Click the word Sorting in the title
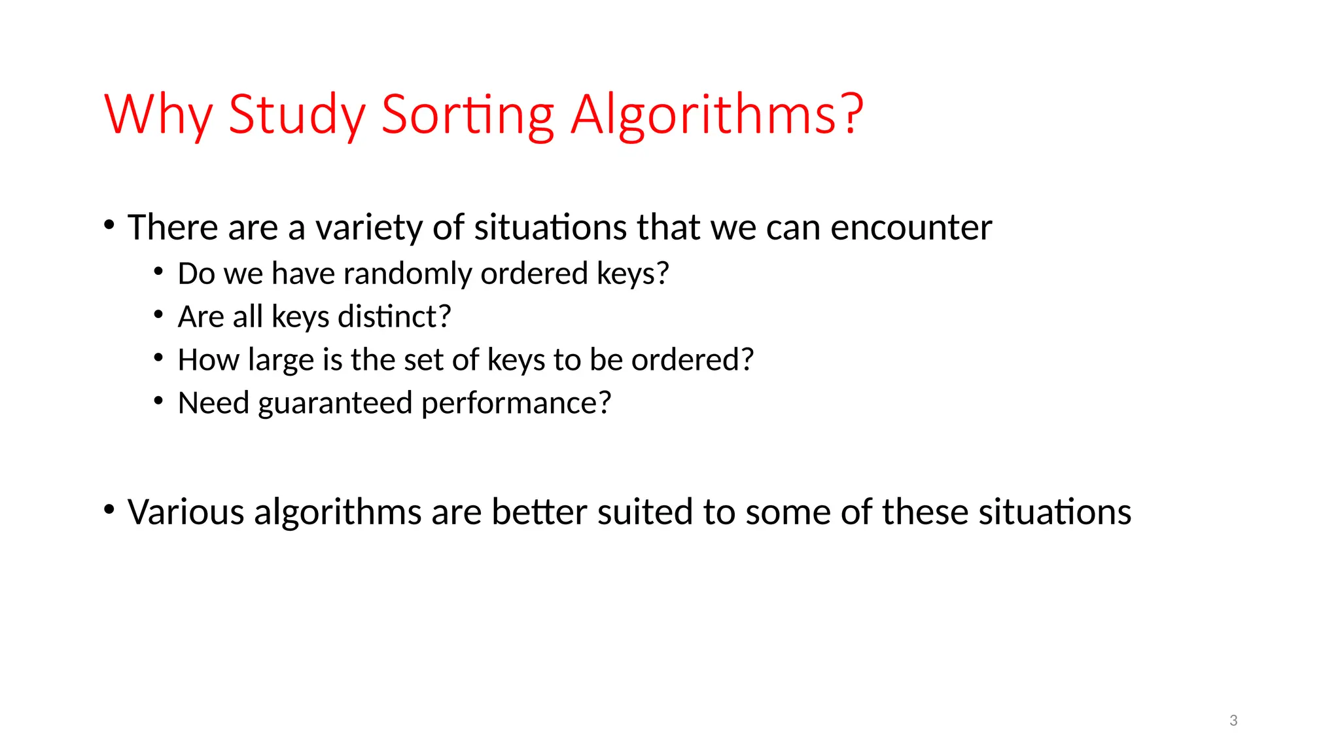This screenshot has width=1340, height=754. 467,115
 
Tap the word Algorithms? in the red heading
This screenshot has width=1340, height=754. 717,115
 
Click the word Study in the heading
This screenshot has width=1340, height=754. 296,115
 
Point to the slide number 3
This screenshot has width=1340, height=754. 1233,721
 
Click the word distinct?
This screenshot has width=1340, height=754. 395,317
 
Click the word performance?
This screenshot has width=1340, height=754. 516,403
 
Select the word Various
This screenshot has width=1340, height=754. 186,512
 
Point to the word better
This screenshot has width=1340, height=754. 538,512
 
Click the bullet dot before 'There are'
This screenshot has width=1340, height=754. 109,224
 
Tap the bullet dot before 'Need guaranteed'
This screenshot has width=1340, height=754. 158,400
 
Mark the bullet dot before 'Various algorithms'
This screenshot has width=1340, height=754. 109,509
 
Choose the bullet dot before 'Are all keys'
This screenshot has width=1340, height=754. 158,314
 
